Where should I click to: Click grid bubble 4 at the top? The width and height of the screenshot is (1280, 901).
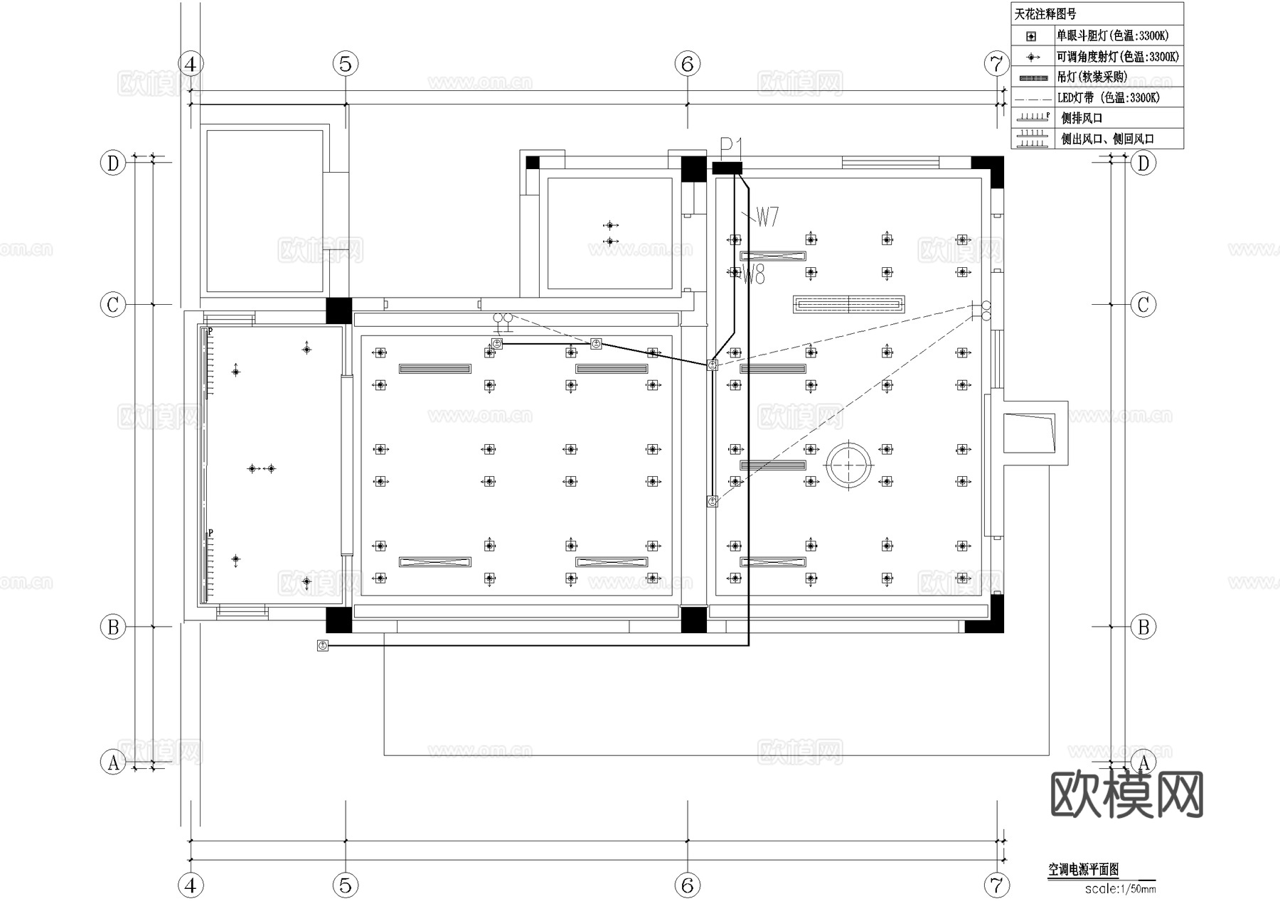click(191, 64)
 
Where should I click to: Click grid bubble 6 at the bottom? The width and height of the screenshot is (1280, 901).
click(687, 885)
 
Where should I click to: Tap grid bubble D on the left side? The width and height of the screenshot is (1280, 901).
click(113, 163)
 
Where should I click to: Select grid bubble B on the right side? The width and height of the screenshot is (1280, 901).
click(1143, 627)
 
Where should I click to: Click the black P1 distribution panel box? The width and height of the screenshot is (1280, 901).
click(727, 168)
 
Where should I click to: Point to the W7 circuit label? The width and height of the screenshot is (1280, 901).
click(767, 217)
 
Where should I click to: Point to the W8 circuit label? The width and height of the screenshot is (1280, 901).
click(754, 274)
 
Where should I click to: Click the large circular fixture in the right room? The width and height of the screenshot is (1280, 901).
click(848, 465)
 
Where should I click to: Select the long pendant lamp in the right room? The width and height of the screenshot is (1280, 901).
click(848, 305)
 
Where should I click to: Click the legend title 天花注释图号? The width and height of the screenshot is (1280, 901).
click(1045, 14)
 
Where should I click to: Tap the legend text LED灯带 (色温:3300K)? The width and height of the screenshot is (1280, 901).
click(1108, 98)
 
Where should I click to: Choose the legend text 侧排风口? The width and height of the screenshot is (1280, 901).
click(1082, 119)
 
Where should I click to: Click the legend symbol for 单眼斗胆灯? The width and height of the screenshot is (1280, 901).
click(1032, 36)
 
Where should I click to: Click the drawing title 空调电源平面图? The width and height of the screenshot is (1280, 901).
click(1084, 870)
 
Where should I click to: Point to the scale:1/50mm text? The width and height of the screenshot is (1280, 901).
click(1120, 889)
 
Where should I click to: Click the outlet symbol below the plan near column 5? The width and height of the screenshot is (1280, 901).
click(323, 646)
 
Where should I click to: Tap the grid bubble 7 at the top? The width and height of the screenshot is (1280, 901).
click(996, 64)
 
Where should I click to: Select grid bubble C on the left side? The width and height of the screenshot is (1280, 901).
click(113, 306)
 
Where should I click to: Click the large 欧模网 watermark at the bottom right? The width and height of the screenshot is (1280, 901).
click(1126, 794)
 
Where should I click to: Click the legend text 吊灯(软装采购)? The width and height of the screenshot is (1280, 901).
click(1092, 77)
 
